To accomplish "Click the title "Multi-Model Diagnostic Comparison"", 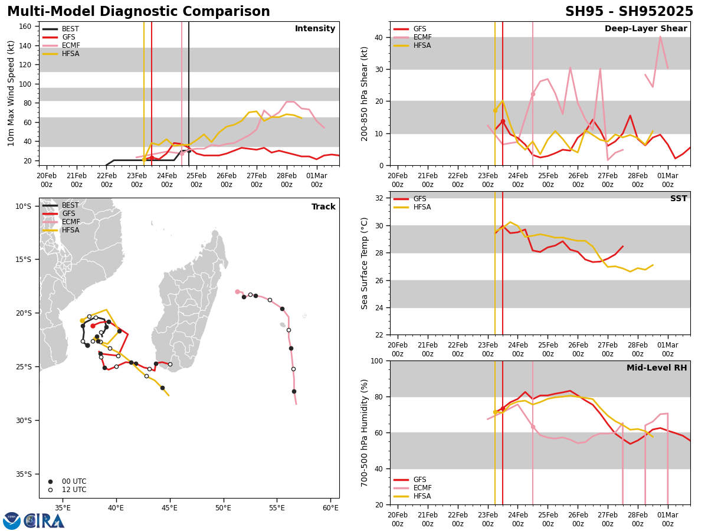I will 139,12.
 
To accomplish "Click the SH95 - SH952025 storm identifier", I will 629,12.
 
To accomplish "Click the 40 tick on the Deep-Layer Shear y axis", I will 378,37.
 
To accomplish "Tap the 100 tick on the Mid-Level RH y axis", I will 376,360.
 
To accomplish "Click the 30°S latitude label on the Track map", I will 24,420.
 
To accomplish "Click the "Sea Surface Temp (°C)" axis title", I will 365,263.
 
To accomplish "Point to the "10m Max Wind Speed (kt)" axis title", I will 11,93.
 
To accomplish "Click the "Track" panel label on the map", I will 323,206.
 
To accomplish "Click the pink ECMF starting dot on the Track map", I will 237,291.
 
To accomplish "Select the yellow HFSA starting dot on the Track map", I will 82,320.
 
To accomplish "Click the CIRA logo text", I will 44,521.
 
